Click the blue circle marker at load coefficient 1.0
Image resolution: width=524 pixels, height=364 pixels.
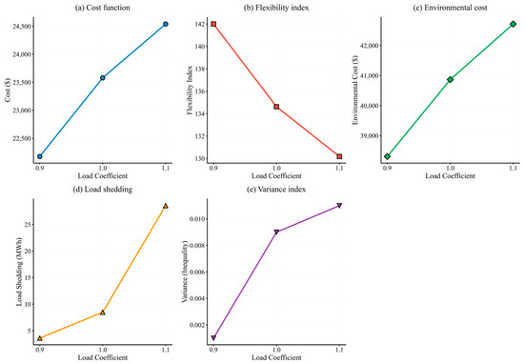point(103,77)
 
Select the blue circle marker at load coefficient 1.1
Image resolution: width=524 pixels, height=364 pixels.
point(166,24)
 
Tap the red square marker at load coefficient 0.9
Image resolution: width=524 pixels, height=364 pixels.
point(213,24)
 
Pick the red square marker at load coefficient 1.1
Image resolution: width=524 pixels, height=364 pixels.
point(339,156)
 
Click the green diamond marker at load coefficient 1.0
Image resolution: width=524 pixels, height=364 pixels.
point(450,79)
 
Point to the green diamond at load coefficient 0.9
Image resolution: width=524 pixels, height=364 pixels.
point(388,156)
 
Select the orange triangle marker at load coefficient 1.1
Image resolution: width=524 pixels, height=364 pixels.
point(166,206)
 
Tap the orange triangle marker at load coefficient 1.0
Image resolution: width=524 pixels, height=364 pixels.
point(103,313)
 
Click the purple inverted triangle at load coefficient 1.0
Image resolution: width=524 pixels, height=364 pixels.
point(276,232)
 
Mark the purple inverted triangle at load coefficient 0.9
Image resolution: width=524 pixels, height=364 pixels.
point(213,338)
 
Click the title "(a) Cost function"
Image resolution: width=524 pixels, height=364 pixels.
point(102,8)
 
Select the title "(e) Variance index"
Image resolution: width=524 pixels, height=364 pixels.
point(276,190)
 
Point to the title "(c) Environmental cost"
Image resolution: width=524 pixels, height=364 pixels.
point(450,8)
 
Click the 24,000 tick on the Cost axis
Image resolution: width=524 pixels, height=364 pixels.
point(22,54)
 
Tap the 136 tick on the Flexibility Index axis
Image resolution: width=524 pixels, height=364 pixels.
point(200,91)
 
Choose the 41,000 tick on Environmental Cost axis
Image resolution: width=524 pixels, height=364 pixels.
point(370,75)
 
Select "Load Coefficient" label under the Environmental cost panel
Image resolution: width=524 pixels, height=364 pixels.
point(450,176)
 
